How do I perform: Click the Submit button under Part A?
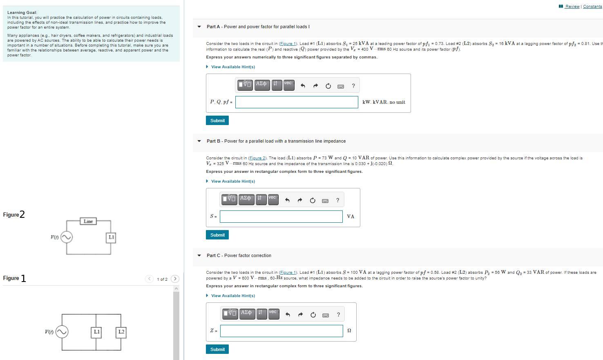tap(217, 121)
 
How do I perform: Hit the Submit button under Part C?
tap(217, 349)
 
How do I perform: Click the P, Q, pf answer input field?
tap(297, 102)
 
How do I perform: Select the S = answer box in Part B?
tap(281, 217)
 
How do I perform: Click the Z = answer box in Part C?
tap(281, 331)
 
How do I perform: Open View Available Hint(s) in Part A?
tap(232, 67)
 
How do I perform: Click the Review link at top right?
tap(572, 7)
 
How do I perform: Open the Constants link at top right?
tap(592, 7)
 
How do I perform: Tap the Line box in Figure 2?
tap(88, 221)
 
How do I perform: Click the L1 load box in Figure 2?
tap(111, 237)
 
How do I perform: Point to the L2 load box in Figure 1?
tap(121, 332)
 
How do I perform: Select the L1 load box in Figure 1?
tap(96, 332)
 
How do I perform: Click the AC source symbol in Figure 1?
tap(62, 332)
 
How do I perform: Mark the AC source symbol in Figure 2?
tap(67, 237)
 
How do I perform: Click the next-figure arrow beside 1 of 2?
tap(175, 279)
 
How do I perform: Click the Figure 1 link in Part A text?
tap(288, 44)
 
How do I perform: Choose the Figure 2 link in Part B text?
tap(257, 158)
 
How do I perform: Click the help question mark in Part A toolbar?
tap(353, 86)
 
